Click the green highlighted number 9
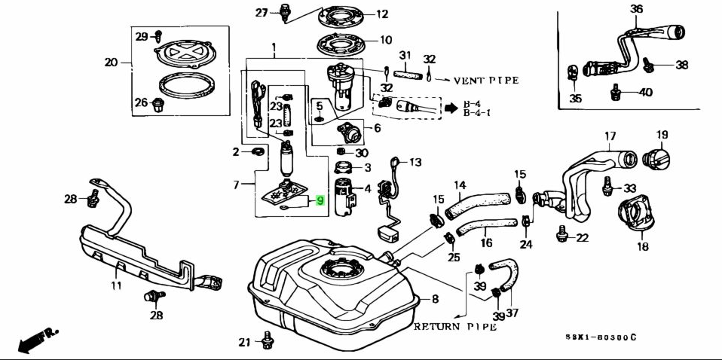[320, 200]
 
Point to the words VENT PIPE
[485, 80]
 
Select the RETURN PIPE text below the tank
[454, 327]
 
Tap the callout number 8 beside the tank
[435, 299]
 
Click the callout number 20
[112, 63]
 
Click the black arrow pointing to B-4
[451, 108]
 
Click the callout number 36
[636, 9]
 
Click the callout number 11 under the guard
[116, 285]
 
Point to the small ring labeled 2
[257, 153]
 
